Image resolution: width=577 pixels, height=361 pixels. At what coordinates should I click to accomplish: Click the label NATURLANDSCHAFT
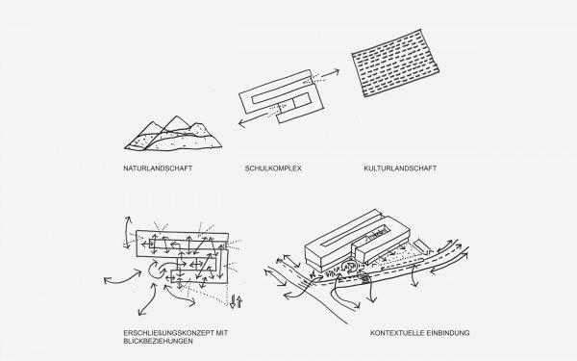point(158,168)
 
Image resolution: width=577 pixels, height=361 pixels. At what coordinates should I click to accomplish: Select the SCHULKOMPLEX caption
point(273,168)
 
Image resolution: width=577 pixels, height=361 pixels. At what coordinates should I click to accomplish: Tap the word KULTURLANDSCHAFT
point(400,168)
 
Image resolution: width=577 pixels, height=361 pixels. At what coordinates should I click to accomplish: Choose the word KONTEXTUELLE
point(396,333)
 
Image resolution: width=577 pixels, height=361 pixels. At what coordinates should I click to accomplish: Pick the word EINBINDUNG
point(448,333)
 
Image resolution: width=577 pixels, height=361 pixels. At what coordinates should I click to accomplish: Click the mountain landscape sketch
point(173,134)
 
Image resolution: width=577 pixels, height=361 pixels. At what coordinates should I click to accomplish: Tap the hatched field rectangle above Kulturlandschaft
point(395,63)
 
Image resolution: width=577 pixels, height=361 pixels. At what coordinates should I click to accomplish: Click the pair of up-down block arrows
point(236,301)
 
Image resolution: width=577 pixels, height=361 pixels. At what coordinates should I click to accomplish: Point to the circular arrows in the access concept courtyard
point(159,269)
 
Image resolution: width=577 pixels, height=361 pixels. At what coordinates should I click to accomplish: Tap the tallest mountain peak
point(177,116)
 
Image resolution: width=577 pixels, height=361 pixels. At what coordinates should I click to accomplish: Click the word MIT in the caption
point(222,333)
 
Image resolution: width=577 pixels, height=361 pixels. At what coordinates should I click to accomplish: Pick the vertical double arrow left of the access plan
point(127,232)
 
